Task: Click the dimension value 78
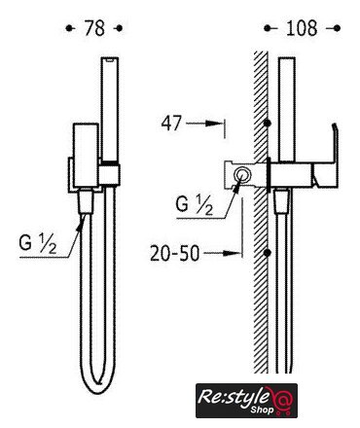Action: click(x=94, y=28)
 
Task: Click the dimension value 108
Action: click(x=302, y=28)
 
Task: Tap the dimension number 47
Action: click(x=171, y=124)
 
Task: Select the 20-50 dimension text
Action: click(x=174, y=253)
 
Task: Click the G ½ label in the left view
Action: click(x=38, y=244)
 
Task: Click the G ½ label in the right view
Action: click(x=195, y=205)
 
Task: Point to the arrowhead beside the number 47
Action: click(x=215, y=124)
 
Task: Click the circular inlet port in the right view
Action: click(x=242, y=175)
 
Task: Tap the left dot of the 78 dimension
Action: click(x=69, y=28)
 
